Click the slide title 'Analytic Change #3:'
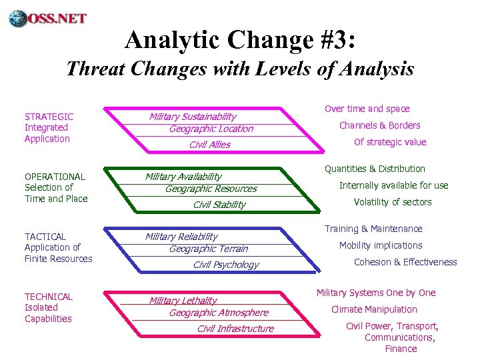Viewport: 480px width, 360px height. click(240, 40)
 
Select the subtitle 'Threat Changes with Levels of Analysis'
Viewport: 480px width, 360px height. click(240, 69)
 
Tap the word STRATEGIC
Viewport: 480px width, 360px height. click(49, 116)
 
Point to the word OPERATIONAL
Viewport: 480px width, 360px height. click(55, 177)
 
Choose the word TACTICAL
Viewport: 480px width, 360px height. click(45, 237)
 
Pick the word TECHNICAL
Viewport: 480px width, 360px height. click(49, 297)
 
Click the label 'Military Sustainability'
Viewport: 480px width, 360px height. click(193, 117)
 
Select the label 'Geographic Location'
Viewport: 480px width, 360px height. click(211, 129)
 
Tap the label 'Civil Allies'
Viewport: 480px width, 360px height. click(209, 145)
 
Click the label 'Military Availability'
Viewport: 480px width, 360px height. click(183, 177)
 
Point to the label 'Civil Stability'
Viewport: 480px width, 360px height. click(219, 205)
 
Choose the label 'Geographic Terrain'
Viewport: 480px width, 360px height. click(208, 249)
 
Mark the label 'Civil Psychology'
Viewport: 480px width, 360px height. click(225, 265)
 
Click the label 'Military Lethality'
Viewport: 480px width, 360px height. click(183, 301)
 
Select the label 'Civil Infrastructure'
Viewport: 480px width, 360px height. click(235, 329)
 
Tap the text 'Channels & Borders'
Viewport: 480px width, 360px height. click(379, 125)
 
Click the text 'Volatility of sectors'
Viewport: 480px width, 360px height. click(393, 202)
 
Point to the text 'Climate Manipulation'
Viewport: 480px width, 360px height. click(374, 309)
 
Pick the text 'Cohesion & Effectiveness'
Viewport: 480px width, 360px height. click(405, 262)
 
